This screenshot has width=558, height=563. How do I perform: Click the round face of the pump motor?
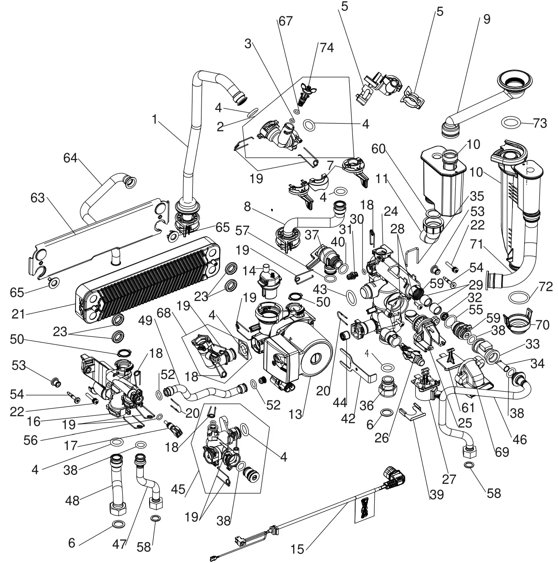pyautogui.click(x=314, y=358)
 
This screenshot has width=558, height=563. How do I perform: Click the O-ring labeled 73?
pyautogui.click(x=512, y=122)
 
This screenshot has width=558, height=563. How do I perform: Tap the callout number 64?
pyautogui.click(x=71, y=158)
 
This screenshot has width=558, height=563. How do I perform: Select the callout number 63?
pyautogui.click(x=39, y=199)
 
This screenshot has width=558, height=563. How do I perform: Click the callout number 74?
pyautogui.click(x=326, y=48)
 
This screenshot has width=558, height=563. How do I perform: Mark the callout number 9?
pyautogui.click(x=487, y=20)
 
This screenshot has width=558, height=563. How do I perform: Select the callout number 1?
pyautogui.click(x=155, y=120)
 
